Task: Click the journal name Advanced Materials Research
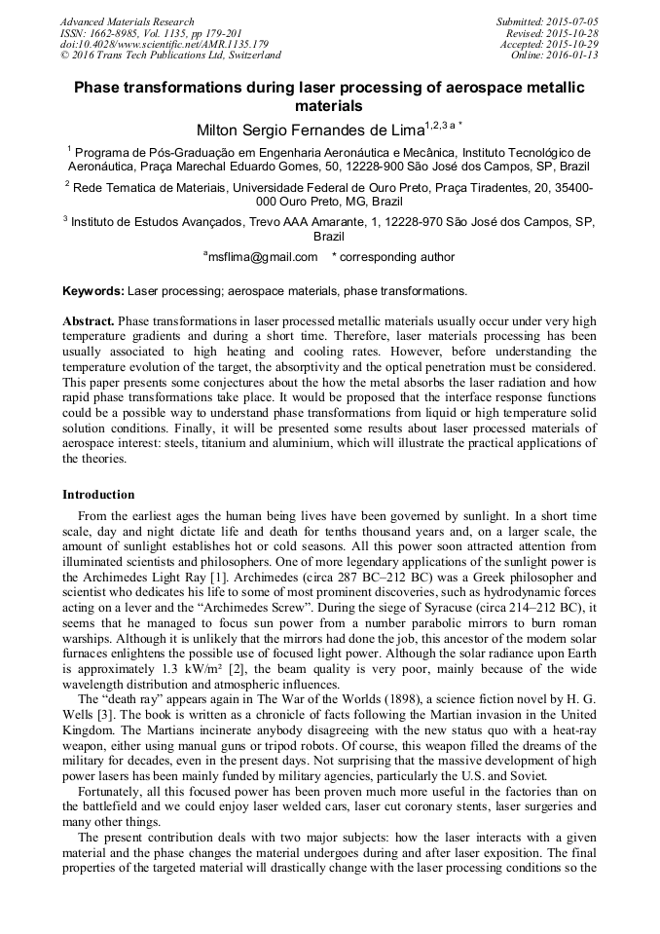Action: (127, 21)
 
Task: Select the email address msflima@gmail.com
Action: (262, 257)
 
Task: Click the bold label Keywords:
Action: (93, 291)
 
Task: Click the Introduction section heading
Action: (98, 495)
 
